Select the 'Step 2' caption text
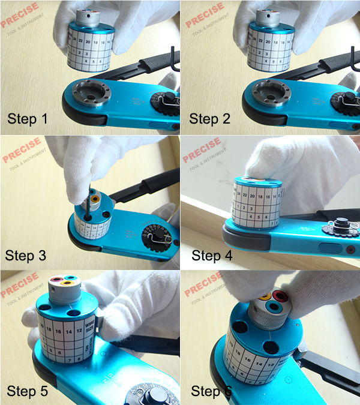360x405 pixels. click(209, 118)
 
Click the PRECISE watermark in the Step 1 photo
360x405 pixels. click(20, 16)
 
